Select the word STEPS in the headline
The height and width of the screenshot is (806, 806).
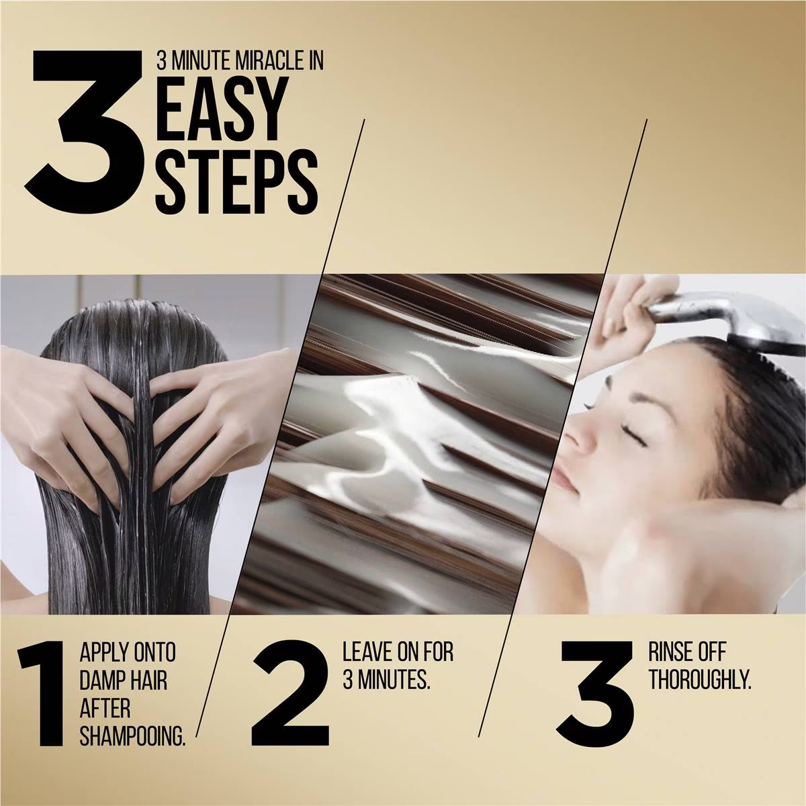point(236,183)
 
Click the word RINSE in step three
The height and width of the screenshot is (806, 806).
point(670,652)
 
